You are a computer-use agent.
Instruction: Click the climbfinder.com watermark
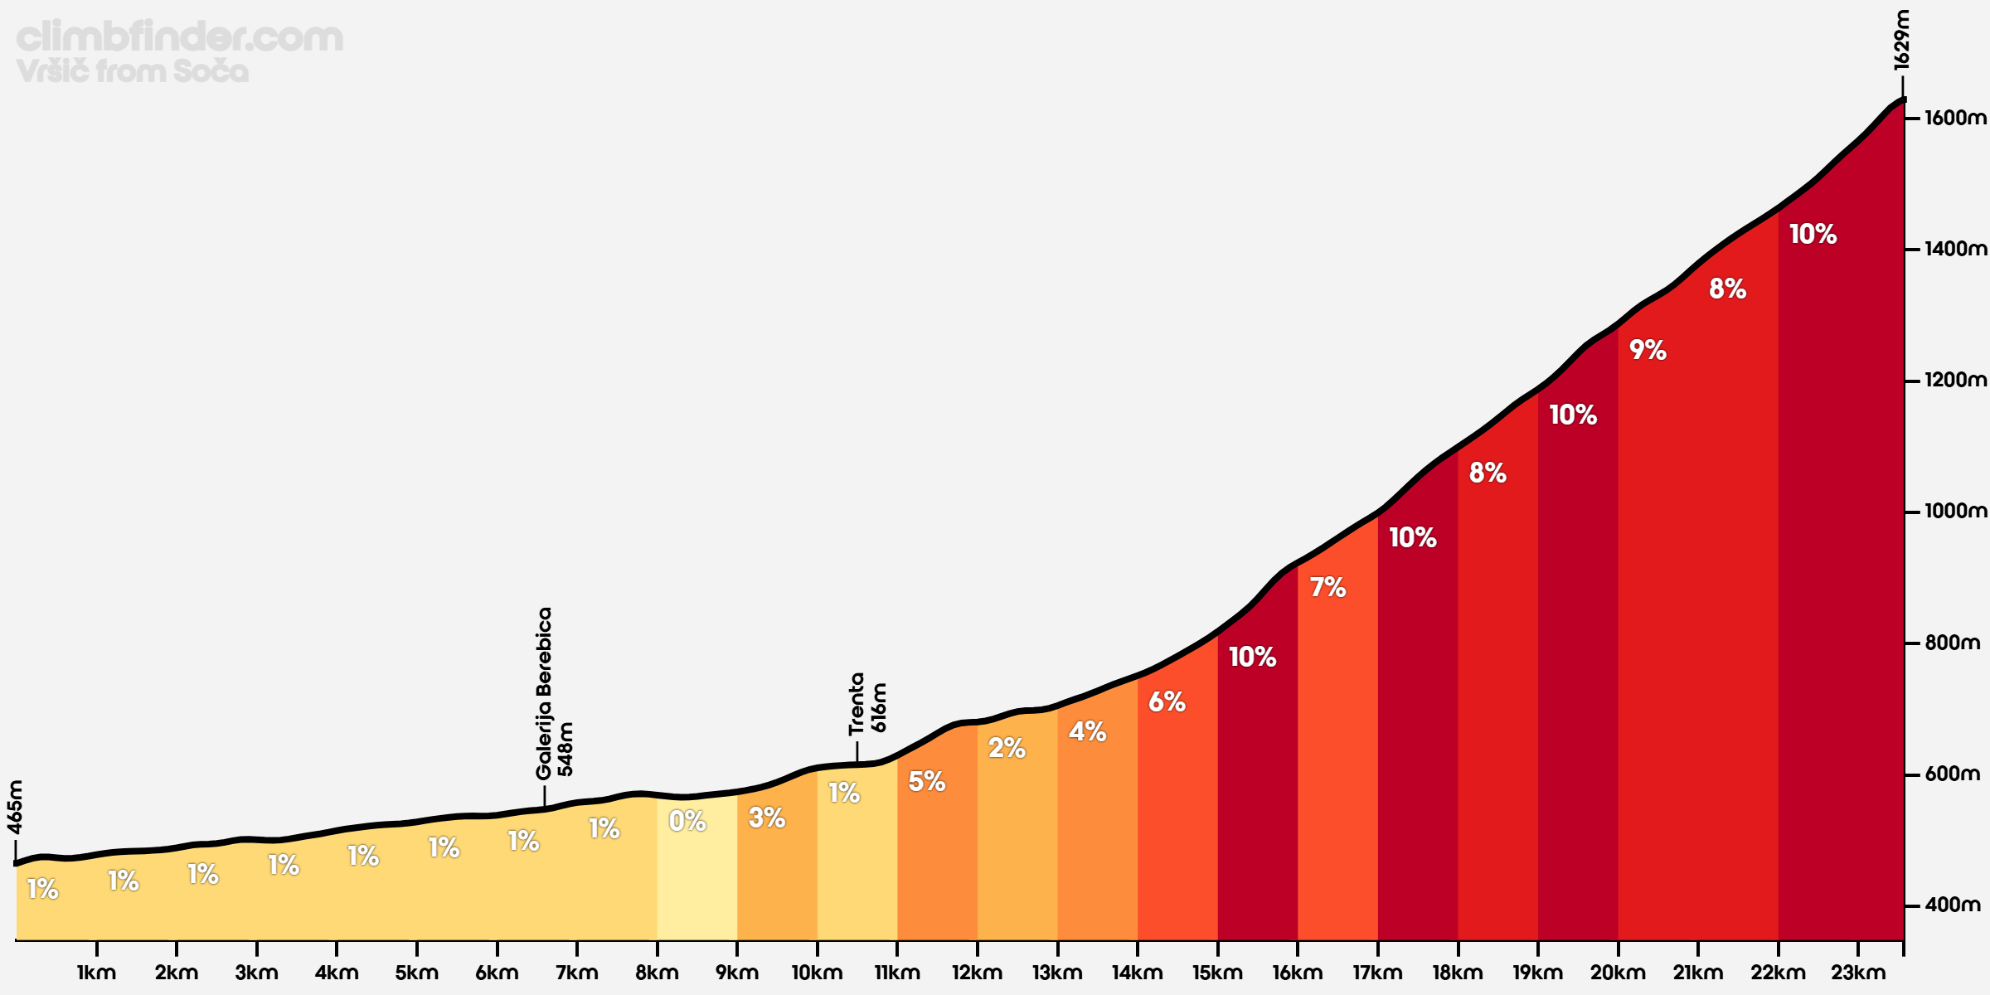pyautogui.click(x=179, y=37)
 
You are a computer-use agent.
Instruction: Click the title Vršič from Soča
pyautogui.click(x=132, y=71)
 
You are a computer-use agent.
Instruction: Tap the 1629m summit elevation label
pyautogui.click(x=1901, y=39)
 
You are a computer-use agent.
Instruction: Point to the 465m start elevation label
pyautogui.click(x=15, y=807)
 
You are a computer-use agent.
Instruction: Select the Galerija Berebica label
pyautogui.click(x=544, y=693)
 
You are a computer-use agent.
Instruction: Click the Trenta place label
pyautogui.click(x=857, y=704)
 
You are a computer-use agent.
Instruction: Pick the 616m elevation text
pyautogui.click(x=879, y=707)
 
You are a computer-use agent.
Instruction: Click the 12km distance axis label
pyautogui.click(x=977, y=973)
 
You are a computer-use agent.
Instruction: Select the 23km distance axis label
pyautogui.click(x=1857, y=973)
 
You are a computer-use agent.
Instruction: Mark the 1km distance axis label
pyautogui.click(x=96, y=973)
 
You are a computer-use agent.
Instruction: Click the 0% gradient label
pyautogui.click(x=687, y=822)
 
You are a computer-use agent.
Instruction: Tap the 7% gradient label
pyautogui.click(x=1327, y=588)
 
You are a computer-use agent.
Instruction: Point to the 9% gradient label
pyautogui.click(x=1648, y=350)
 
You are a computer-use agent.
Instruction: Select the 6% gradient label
pyautogui.click(x=1167, y=702)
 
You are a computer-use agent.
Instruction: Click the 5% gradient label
pyautogui.click(x=926, y=781)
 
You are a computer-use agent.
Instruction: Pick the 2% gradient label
pyautogui.click(x=1007, y=749)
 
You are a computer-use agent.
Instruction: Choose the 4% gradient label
pyautogui.click(x=1087, y=731)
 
